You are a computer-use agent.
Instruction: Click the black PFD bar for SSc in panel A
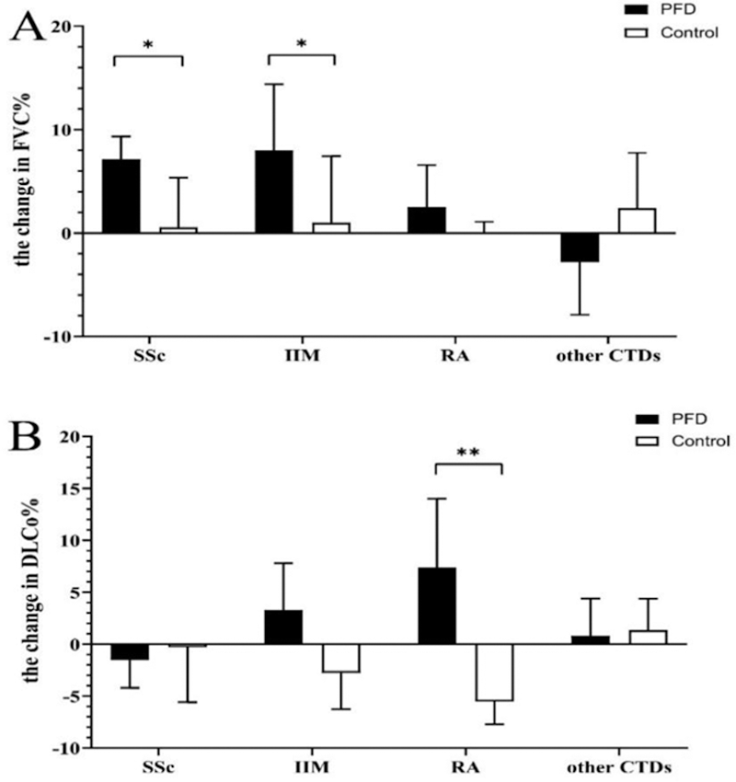pyautogui.click(x=121, y=196)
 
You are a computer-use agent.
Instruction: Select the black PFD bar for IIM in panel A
pyautogui.click(x=274, y=191)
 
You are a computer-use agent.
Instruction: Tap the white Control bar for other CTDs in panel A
pyautogui.click(x=637, y=221)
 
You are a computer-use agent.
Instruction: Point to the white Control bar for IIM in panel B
pyautogui.click(x=341, y=659)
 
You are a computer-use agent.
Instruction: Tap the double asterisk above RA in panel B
pyautogui.click(x=467, y=453)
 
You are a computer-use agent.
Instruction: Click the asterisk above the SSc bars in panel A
pyautogui.click(x=147, y=43)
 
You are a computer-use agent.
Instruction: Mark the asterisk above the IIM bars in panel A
pyautogui.click(x=301, y=43)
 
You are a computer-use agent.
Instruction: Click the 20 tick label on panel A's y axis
pyautogui.click(x=60, y=28)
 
